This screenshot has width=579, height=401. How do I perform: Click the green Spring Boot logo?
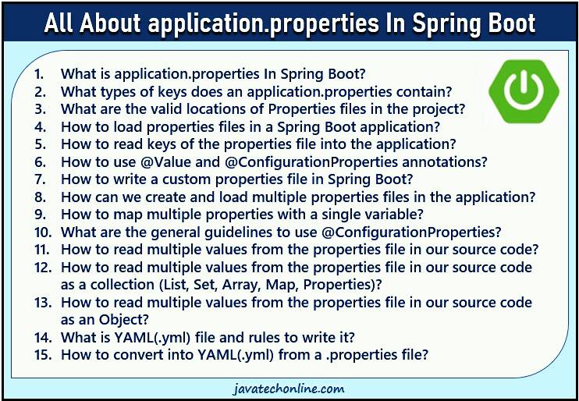(x=524, y=92)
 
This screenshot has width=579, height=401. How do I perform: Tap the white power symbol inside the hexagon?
(x=524, y=91)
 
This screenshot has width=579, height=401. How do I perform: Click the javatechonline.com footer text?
(x=289, y=389)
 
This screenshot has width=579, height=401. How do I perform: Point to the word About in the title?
(x=110, y=23)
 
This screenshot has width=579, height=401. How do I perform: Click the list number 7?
(x=40, y=179)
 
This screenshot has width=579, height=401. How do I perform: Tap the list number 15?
(x=42, y=355)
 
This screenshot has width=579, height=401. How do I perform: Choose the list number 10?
(x=42, y=232)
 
